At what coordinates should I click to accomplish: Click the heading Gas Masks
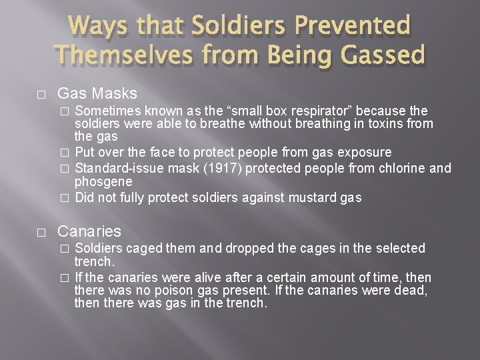point(97,93)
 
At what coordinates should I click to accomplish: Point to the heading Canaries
point(89,231)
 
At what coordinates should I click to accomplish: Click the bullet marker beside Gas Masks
point(41,94)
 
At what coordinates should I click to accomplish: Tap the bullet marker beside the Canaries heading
point(41,232)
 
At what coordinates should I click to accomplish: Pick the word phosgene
point(103,181)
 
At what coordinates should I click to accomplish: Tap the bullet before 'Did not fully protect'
point(64,197)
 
